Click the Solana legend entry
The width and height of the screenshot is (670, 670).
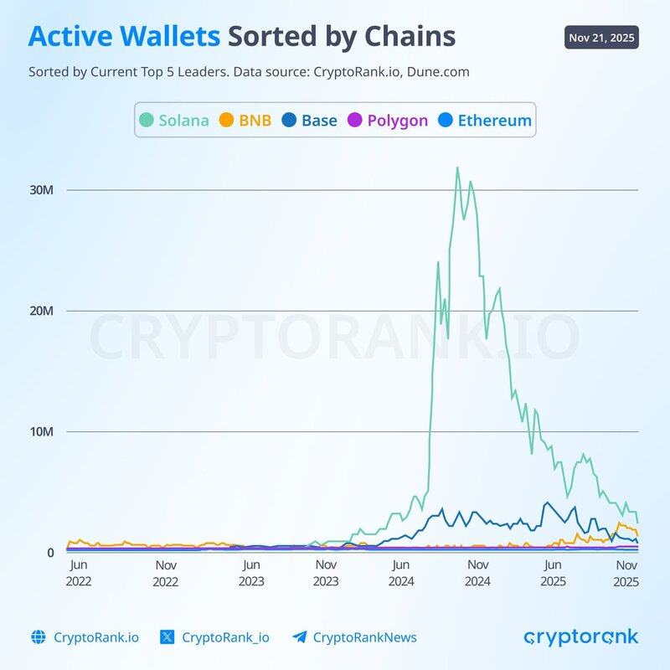coord(174,120)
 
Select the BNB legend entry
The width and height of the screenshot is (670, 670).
coord(245,120)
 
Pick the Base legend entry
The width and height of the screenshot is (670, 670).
coord(309,120)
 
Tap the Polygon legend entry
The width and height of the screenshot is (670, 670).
coord(387,120)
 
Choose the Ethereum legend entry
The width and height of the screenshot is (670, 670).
coord(484,120)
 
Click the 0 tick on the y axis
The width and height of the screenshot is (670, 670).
coord(50,553)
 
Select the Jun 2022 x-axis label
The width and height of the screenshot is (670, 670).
coord(79,573)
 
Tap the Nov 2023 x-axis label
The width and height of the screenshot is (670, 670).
coord(326,573)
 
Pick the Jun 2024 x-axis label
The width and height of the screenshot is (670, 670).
coord(401,573)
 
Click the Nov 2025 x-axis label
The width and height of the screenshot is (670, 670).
coord(626,573)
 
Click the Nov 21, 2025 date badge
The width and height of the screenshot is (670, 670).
coord(601,39)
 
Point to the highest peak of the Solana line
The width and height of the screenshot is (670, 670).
coord(456,167)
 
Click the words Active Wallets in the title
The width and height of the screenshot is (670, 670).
coord(125,37)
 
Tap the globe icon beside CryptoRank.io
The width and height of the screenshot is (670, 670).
coord(37,637)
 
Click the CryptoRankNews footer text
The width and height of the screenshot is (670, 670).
coord(364,637)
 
